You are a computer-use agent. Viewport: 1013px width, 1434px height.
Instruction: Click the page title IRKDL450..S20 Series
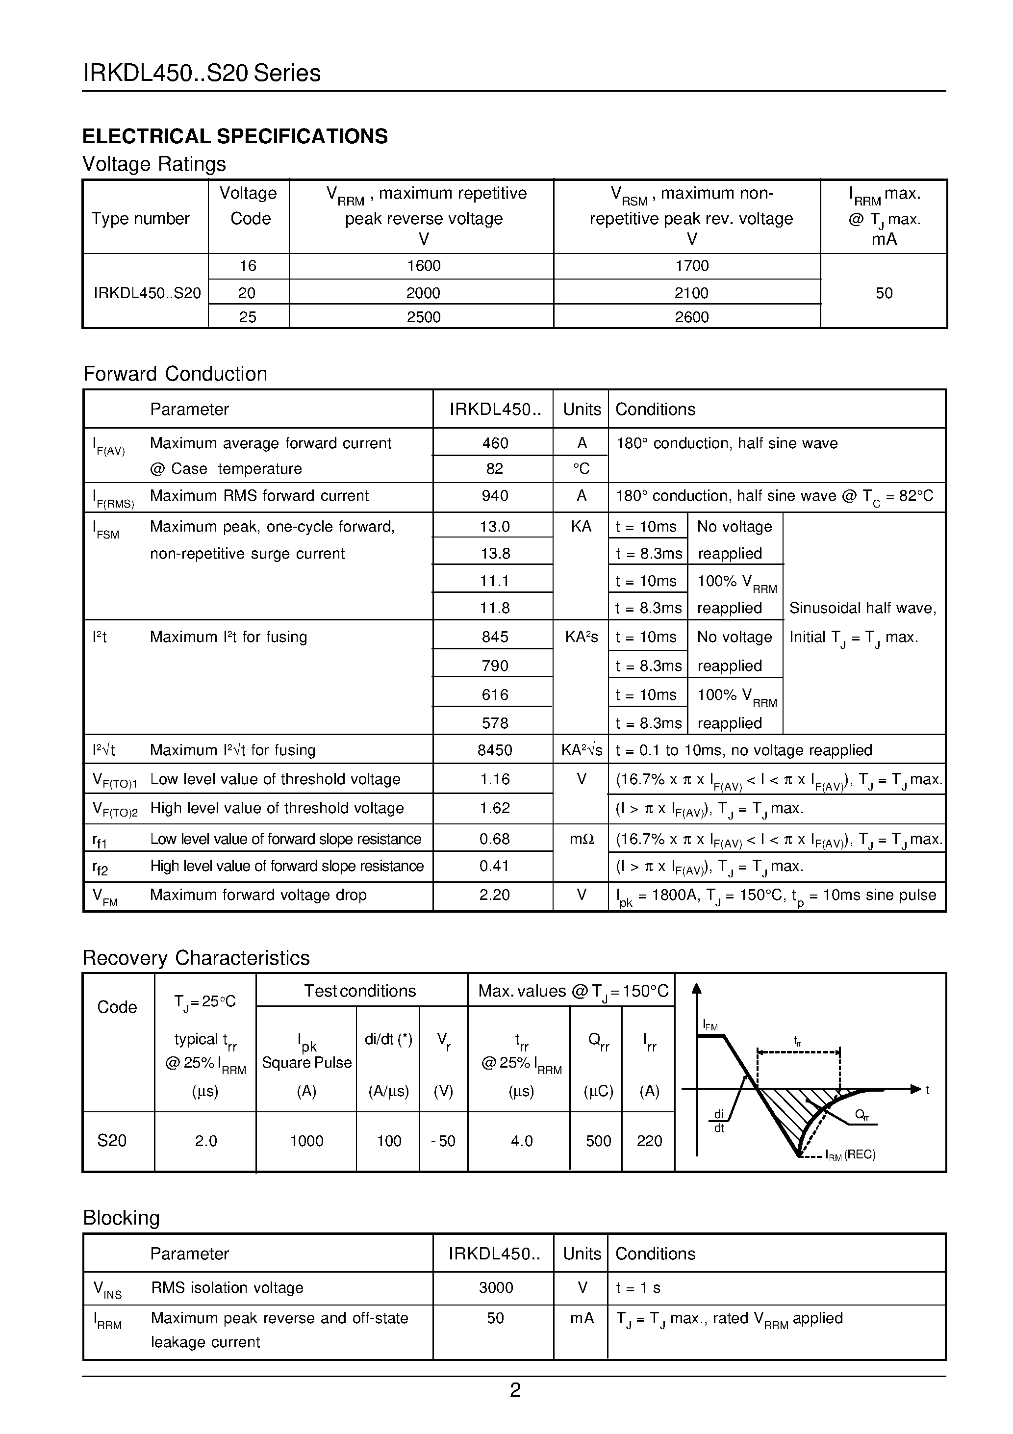tap(202, 74)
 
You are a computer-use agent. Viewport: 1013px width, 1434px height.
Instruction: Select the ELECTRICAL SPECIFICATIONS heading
tap(235, 136)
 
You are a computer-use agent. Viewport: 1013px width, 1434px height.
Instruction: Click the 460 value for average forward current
tap(495, 443)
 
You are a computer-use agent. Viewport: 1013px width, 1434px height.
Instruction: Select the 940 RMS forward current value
tap(495, 495)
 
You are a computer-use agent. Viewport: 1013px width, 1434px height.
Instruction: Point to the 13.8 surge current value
tap(495, 553)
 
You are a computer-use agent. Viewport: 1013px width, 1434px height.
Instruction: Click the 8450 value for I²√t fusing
tap(495, 749)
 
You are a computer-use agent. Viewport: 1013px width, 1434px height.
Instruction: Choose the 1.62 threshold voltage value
tap(495, 808)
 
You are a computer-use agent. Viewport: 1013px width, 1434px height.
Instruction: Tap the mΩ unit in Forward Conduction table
tap(581, 839)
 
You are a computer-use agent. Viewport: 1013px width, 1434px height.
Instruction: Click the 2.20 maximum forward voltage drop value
tap(495, 895)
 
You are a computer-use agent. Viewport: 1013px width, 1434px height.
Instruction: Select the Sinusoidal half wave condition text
tap(862, 608)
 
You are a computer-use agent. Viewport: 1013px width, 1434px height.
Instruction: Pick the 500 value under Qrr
tap(598, 1141)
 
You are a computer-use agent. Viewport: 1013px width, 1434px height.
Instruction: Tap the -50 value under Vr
tap(443, 1141)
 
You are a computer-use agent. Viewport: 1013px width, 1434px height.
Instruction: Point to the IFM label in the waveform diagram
tap(710, 1025)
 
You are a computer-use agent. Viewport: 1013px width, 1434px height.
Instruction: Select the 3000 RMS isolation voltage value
tap(495, 1287)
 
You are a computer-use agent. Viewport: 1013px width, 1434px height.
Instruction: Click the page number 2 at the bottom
tap(515, 1390)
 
